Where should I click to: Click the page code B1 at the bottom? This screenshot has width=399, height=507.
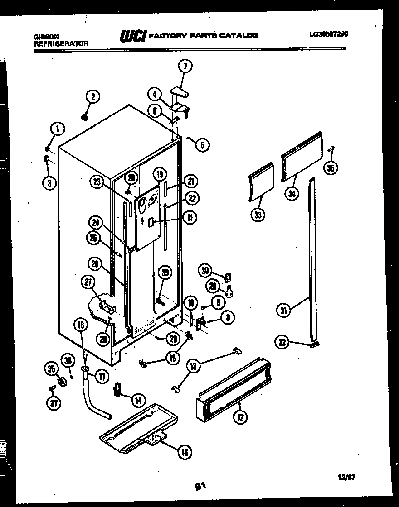[x=201, y=487]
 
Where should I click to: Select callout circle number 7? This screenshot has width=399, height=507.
[x=185, y=67]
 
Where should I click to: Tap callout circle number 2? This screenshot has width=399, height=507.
[x=92, y=96]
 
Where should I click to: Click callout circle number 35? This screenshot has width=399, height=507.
[x=330, y=168]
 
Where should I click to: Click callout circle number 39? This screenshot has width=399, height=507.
[x=165, y=272]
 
